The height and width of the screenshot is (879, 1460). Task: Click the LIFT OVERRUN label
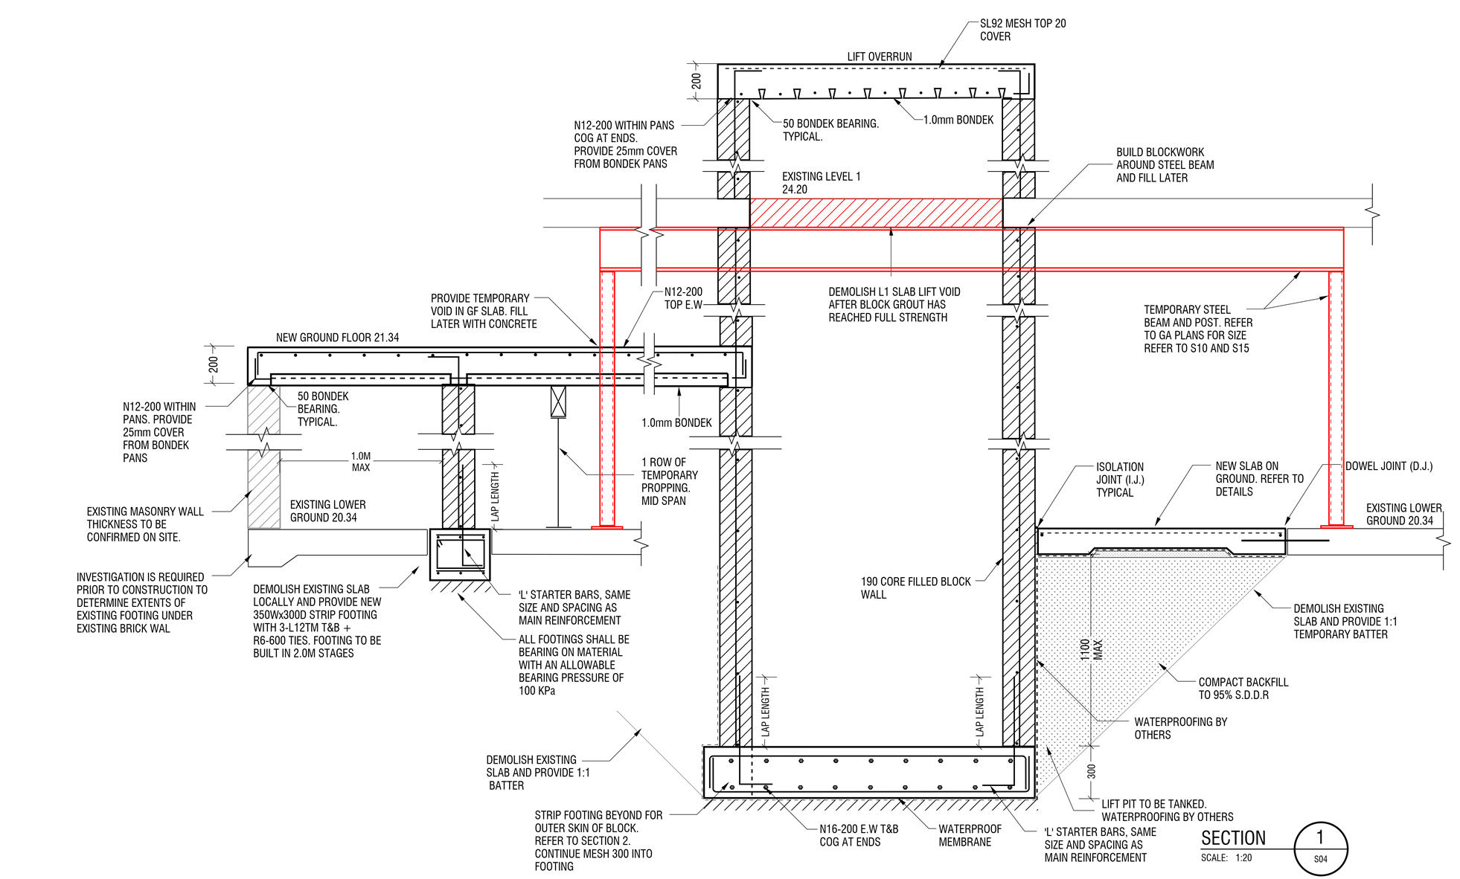tap(879, 57)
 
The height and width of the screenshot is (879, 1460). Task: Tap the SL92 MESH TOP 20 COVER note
tap(1022, 30)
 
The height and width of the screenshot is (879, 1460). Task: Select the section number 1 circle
tap(1320, 848)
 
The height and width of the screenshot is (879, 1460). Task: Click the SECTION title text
tap(1233, 838)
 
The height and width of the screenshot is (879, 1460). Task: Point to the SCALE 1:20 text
tap(1226, 858)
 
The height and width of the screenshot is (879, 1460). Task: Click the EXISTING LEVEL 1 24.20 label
tap(821, 183)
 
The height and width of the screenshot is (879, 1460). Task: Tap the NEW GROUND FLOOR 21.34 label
tap(337, 338)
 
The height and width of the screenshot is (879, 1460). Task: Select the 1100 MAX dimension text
tap(1092, 650)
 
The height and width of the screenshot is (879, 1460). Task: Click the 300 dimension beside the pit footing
tap(1091, 771)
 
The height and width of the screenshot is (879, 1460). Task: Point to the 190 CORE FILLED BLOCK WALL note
tap(915, 587)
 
